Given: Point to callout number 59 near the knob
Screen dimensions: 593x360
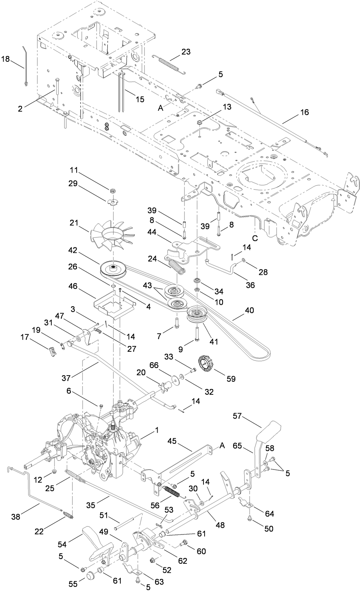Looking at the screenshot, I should tap(231, 378).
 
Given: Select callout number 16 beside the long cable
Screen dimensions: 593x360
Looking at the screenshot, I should tap(304, 112).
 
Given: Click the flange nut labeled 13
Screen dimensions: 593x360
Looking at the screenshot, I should tap(201, 124).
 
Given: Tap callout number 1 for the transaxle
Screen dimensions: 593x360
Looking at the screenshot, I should tap(157, 430).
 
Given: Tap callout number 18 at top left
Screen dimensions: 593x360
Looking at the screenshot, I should tap(6, 59).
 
